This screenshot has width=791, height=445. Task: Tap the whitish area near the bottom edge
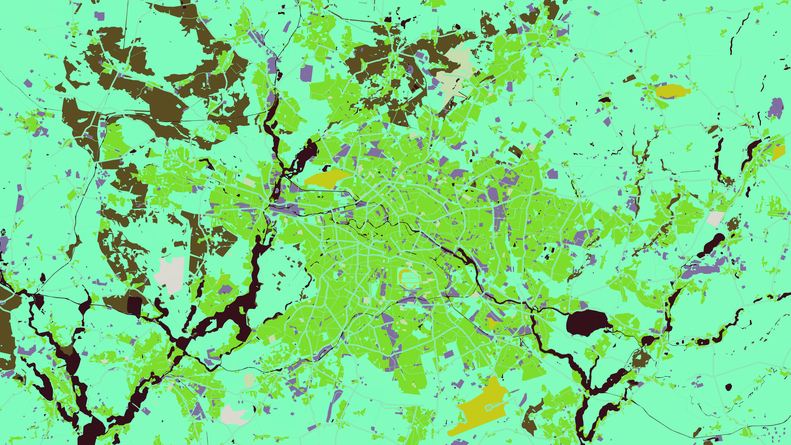coord(233,415)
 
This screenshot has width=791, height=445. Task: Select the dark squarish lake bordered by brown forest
coord(134,305)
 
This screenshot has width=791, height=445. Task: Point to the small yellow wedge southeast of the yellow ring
coord(492,322)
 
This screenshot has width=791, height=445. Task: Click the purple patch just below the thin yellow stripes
coord(225,289)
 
